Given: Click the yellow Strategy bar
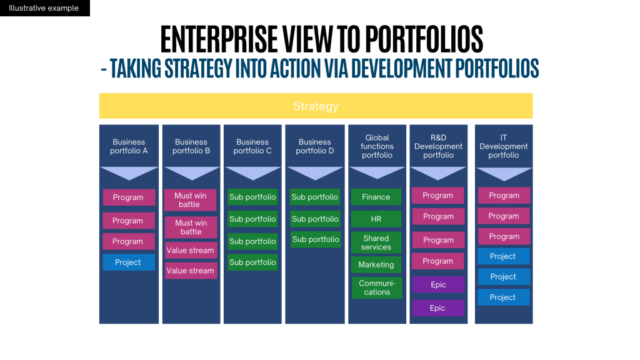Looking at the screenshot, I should [x=316, y=106].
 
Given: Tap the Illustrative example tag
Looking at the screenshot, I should [x=44, y=8].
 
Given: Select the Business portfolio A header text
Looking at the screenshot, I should [x=129, y=146].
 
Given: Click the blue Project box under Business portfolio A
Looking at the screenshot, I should [x=128, y=262].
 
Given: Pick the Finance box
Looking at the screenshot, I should [x=376, y=197].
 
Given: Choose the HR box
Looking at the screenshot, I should [x=376, y=219].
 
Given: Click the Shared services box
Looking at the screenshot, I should [x=376, y=242].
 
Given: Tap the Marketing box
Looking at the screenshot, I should [x=376, y=265].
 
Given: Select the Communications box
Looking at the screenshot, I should [x=376, y=287].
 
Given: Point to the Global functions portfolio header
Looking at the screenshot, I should [x=377, y=146].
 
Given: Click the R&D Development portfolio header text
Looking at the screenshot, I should [x=438, y=146].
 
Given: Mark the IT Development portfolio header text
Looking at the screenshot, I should [x=504, y=146].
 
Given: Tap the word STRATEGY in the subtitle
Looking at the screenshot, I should [x=197, y=69].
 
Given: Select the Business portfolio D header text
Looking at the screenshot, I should [x=315, y=146].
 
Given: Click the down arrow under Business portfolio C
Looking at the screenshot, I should [x=253, y=173].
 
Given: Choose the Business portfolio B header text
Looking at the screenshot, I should [x=191, y=146].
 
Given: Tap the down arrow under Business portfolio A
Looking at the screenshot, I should [x=129, y=173].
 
